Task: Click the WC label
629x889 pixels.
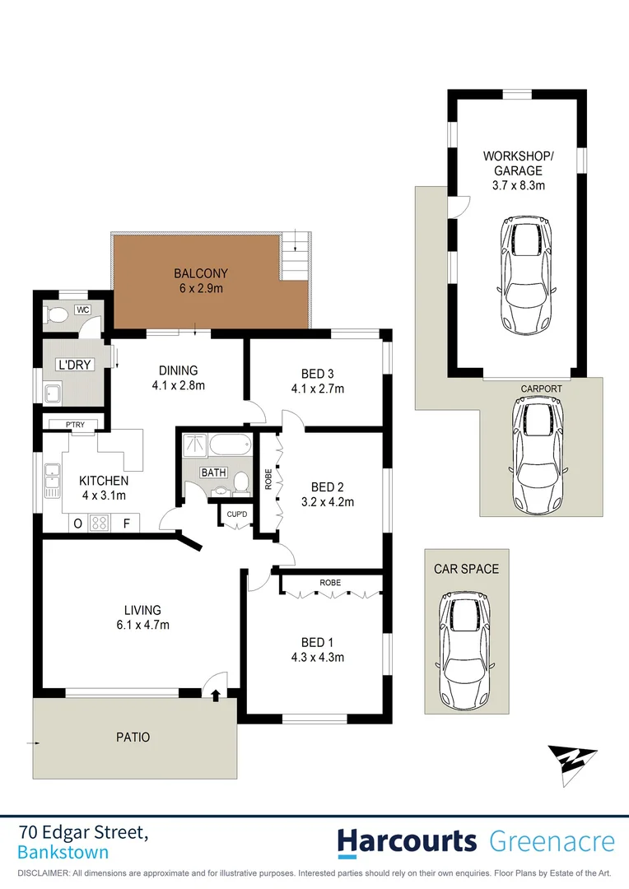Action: click(82, 310)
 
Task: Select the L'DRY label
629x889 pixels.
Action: click(72, 363)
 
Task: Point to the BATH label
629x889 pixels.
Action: click(213, 472)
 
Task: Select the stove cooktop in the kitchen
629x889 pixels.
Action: click(100, 523)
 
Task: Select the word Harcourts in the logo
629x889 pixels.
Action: click(407, 842)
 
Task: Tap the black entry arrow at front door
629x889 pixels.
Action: click(216, 696)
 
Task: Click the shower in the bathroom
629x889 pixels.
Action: click(194, 445)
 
